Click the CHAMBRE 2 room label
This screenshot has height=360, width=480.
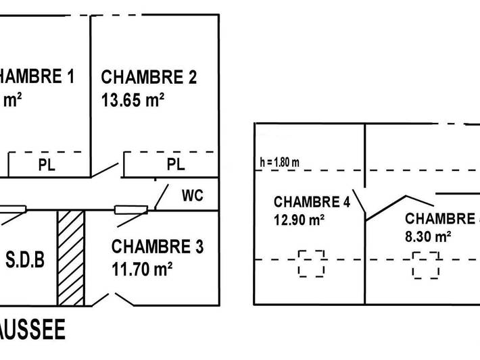(149, 77)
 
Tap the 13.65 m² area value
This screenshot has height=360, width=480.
(133, 99)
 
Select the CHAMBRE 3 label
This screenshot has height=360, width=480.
(158, 247)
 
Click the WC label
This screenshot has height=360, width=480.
(192, 196)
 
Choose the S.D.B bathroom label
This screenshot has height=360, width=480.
(26, 259)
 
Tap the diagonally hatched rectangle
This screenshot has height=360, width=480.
(70, 257)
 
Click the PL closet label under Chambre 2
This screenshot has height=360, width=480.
(175, 165)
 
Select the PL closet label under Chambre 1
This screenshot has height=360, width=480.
(47, 165)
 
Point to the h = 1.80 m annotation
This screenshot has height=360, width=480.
(279, 162)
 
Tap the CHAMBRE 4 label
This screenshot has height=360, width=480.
(306, 202)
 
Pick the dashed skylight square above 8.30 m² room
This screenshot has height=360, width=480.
(426, 265)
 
